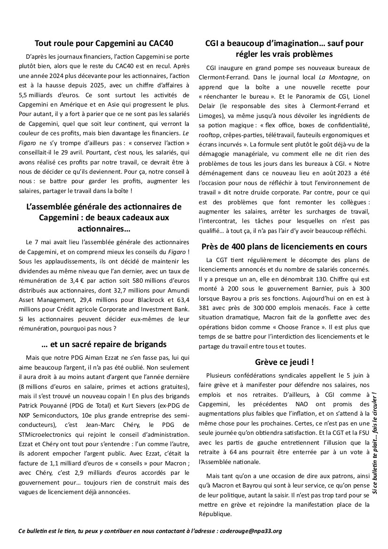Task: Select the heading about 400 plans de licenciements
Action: (x=285, y=247)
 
